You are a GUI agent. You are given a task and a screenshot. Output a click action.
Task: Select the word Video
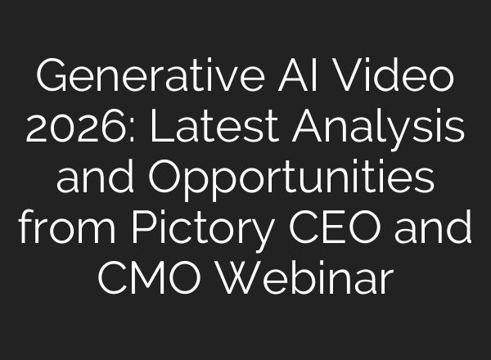pos(395,79)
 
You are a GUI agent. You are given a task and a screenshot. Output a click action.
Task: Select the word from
pos(66,228)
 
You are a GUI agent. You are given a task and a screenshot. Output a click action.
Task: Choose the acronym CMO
pos(148,278)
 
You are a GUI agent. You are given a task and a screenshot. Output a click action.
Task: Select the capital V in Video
pos(343,79)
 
